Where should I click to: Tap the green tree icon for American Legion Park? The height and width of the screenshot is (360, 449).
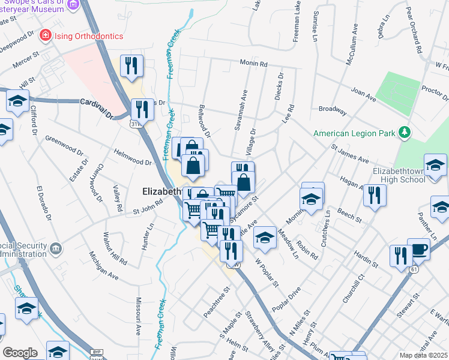[x=405, y=132]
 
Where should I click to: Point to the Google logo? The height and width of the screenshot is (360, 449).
[x=20, y=353]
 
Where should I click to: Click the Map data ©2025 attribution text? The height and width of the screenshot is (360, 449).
[x=423, y=355]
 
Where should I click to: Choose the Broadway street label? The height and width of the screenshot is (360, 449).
[x=333, y=110]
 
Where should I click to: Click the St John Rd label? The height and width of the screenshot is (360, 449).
[x=148, y=207]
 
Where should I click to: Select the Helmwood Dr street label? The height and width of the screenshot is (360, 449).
[x=132, y=162]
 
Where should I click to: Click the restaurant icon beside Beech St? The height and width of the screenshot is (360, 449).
[x=374, y=195]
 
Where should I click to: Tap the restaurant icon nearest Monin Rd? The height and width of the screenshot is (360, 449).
[x=131, y=65]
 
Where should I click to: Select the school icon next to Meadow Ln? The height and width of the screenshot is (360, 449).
[x=265, y=238]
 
